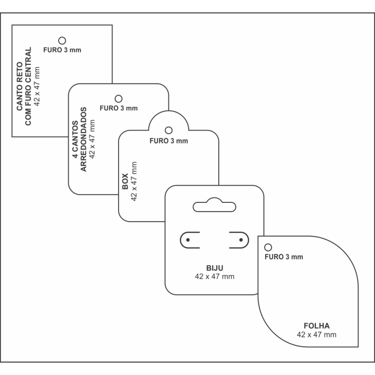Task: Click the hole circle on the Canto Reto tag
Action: pos(62,37)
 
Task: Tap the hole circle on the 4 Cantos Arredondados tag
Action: pos(119,95)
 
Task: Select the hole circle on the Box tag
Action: pos(169,127)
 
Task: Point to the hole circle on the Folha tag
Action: pos(268,244)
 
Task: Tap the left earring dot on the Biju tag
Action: pos(188,240)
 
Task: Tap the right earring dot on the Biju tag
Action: pos(241,240)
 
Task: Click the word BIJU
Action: pos(214,268)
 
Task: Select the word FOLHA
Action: pos(317,326)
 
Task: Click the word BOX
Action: pos(125,182)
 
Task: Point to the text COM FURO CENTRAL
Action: pos(28,86)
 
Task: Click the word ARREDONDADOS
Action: pos(83,139)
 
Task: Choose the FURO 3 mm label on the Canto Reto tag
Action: pos(62,50)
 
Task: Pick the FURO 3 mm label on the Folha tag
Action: pos(284,257)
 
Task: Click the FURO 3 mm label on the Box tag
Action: pos(169,141)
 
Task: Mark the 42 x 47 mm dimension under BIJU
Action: pos(214,277)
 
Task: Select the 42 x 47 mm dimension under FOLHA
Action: pos(317,335)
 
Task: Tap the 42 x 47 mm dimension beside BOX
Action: pos(134,182)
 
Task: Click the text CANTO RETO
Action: pos(20,86)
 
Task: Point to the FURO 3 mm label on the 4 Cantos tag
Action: pos(119,108)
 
